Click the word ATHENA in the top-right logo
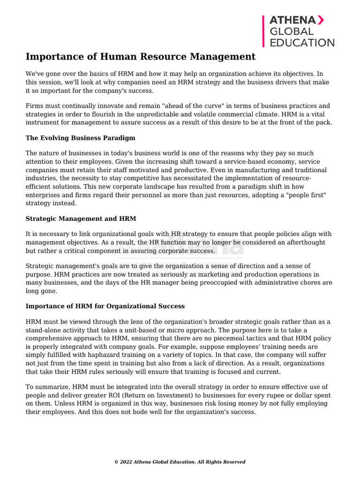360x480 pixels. (x=292, y=20)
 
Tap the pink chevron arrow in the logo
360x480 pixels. (x=321, y=20)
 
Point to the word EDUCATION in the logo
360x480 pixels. (x=301, y=43)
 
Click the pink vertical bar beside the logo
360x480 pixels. (x=263, y=31)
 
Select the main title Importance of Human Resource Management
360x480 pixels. (x=141, y=57)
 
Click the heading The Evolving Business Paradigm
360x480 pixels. (x=80, y=138)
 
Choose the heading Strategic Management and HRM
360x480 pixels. (x=81, y=218)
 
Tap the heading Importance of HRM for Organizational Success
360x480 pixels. (x=105, y=306)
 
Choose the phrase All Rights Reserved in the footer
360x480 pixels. (x=222, y=462)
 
